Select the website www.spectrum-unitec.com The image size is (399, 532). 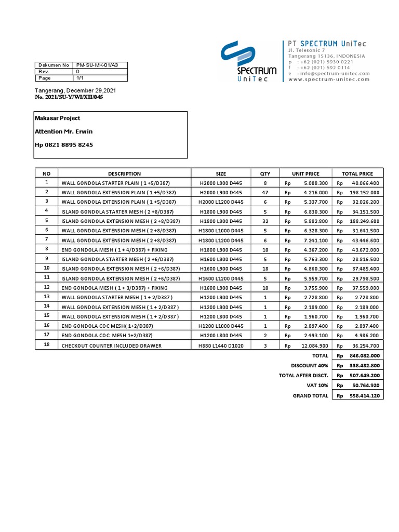pyautogui.click(x=328, y=79)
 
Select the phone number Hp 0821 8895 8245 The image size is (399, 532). pyautogui.click(x=64, y=145)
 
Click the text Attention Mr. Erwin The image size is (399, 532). pyautogui.click(x=63, y=131)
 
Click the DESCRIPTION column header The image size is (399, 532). pyautogui.click(x=124, y=174)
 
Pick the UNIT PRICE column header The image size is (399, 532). pyautogui.click(x=305, y=174)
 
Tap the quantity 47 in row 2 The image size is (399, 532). pyautogui.click(x=265, y=192)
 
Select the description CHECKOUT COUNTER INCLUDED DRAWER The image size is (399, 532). pyautogui.click(x=111, y=345)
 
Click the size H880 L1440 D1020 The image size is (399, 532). pyautogui.click(x=221, y=345)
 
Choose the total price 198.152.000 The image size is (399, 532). pyautogui.click(x=364, y=192)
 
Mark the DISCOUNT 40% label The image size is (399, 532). pyautogui.click(x=310, y=366)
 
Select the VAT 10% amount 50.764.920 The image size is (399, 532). pyautogui.click(x=364, y=385)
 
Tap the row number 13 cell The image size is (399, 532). pyautogui.click(x=47, y=296)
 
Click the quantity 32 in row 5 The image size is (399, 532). pyautogui.click(x=265, y=221)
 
